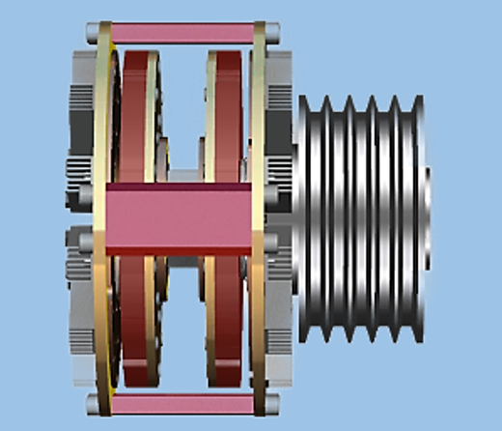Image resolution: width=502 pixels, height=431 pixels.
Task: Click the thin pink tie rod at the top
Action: [x=183, y=32]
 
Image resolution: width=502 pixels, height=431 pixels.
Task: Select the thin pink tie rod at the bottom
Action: [x=183, y=401]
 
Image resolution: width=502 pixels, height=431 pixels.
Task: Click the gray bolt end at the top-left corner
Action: [x=92, y=34]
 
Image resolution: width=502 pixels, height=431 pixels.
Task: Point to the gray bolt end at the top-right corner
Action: [x=274, y=34]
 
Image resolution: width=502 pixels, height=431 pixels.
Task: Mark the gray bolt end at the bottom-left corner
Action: [x=92, y=401]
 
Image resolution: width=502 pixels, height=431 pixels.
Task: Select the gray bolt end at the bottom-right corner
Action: [x=273, y=401]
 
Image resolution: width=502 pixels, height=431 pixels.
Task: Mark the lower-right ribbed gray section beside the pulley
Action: [x=282, y=319]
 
